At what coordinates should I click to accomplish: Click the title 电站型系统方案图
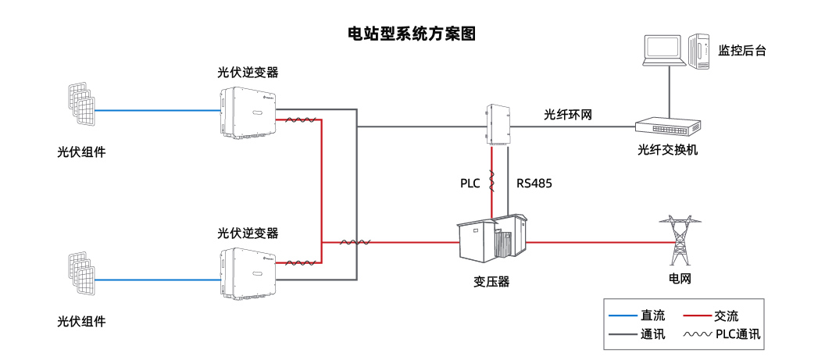point(412,34)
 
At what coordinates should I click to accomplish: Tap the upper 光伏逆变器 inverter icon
point(248,112)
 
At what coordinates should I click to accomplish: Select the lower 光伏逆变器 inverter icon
point(248,273)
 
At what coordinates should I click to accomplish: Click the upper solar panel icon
point(80,105)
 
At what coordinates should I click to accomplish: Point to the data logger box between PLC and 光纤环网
point(498,124)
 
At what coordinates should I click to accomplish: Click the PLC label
point(470,184)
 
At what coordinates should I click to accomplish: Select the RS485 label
point(534,184)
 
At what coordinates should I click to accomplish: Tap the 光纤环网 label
point(568,115)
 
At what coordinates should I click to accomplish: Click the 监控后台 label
point(742,51)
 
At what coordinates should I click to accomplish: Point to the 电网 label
point(679,278)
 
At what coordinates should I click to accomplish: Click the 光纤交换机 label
point(666,149)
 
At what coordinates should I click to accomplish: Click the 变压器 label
point(491,281)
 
